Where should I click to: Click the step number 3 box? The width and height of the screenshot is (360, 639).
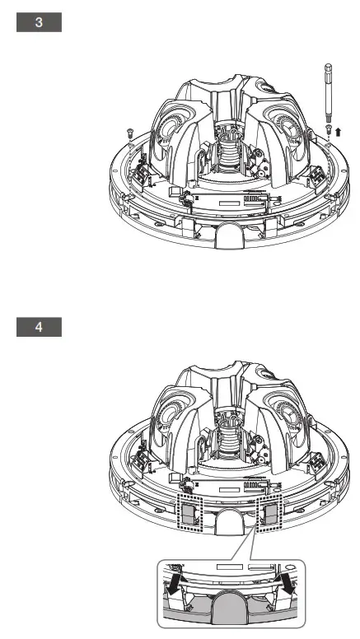[x=40, y=22]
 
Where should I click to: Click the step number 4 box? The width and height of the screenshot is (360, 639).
[x=40, y=327]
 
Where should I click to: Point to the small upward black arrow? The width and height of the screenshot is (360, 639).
[x=338, y=132]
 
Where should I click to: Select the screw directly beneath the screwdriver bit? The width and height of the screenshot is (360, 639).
[x=328, y=129]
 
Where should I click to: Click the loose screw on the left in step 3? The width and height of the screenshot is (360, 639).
[x=130, y=133]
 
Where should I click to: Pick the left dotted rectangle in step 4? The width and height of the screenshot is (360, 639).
[x=190, y=512]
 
